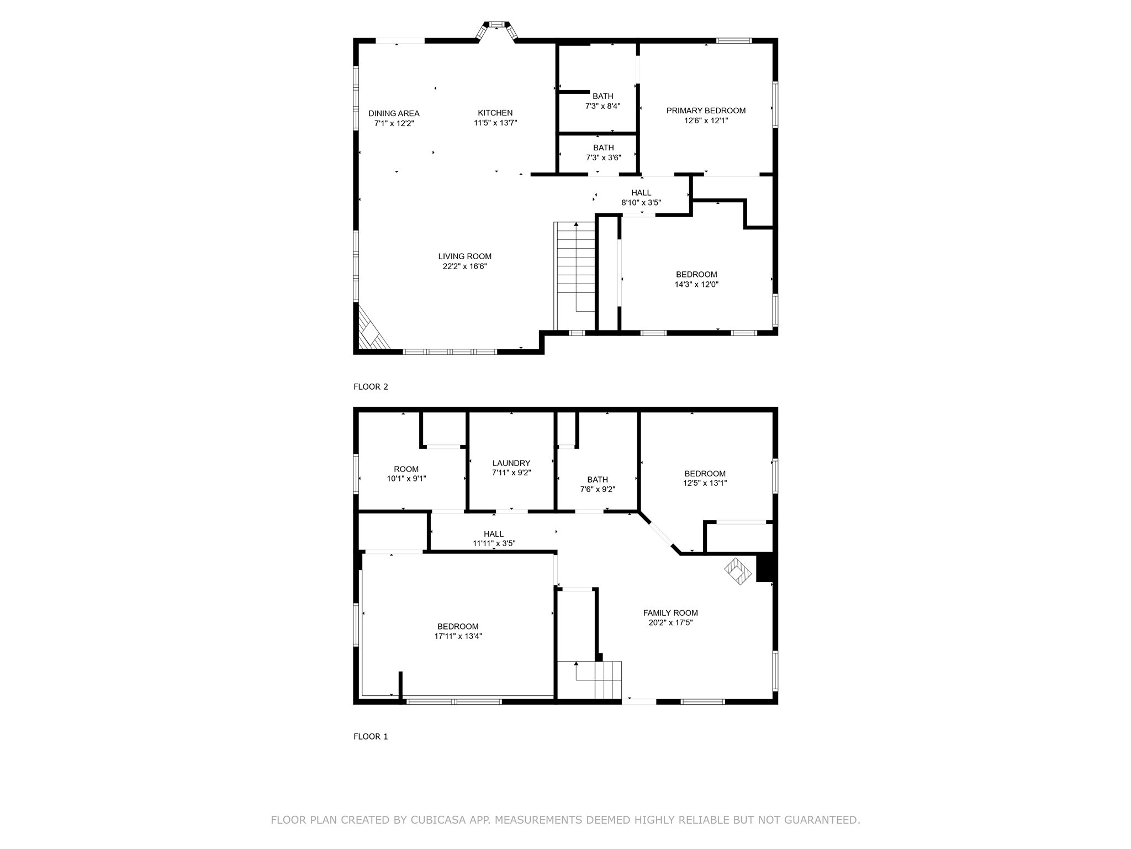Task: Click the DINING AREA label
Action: coord(394,114)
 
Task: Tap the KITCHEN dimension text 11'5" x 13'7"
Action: coord(495,123)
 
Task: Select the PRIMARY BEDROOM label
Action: coord(706,111)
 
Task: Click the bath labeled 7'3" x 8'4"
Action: coord(603,101)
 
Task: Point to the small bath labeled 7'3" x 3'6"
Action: coord(603,153)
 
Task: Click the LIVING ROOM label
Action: coord(464,256)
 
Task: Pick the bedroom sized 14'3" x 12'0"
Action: coord(696,280)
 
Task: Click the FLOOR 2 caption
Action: coord(371,387)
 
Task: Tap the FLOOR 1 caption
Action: coord(371,737)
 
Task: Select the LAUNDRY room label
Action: coord(511,463)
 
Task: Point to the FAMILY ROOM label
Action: coord(670,613)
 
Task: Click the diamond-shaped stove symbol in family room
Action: coord(738,570)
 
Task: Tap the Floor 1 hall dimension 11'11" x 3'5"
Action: coord(494,543)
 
